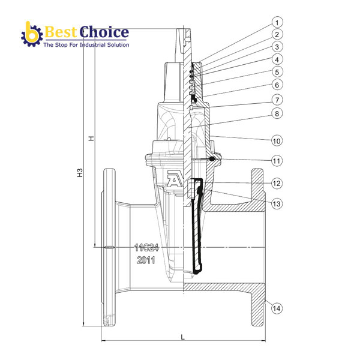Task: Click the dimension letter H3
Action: [80, 175]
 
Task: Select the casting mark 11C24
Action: [145, 247]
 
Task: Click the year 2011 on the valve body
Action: [146, 260]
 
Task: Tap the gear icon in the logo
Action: [29, 34]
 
